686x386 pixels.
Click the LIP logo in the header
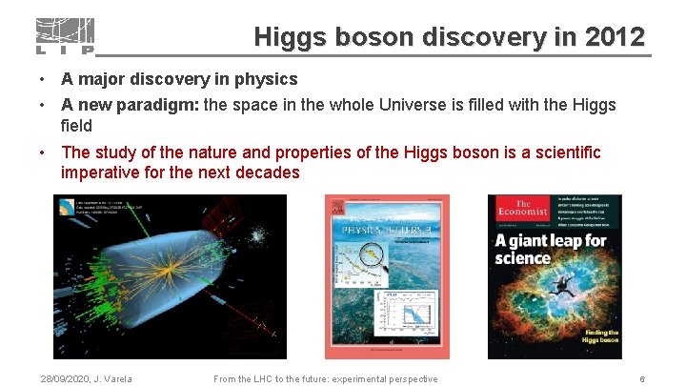(x=65, y=36)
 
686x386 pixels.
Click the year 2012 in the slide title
(x=615, y=37)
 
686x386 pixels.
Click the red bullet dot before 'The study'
(x=43, y=152)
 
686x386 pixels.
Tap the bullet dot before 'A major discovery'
(x=43, y=79)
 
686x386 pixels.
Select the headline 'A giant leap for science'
(x=550, y=248)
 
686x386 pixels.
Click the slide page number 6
(x=642, y=379)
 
